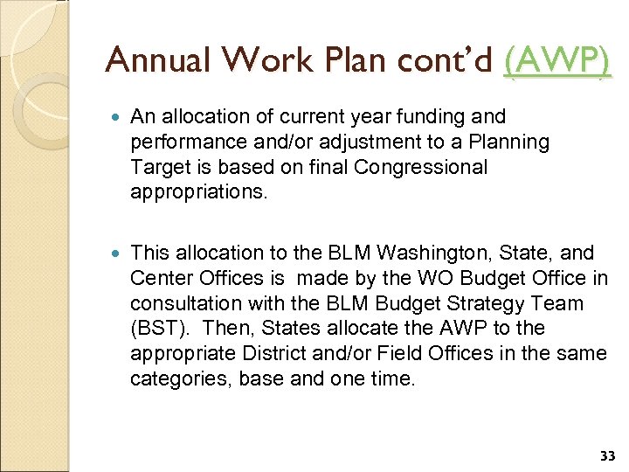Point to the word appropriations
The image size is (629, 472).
pyautogui.click(x=189, y=192)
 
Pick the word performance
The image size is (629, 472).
pyautogui.click(x=180, y=142)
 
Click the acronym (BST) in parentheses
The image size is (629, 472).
pyautogui.click(x=156, y=329)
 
